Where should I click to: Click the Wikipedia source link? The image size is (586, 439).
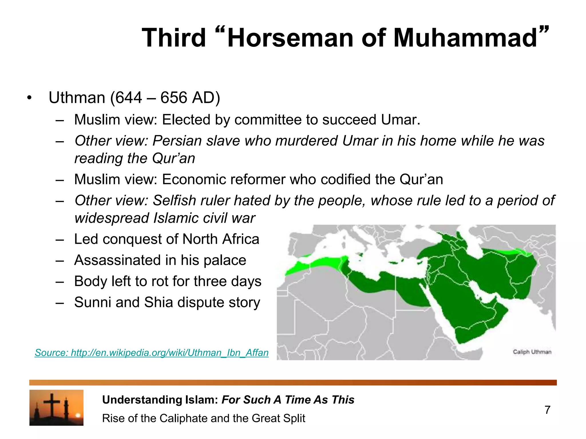152,353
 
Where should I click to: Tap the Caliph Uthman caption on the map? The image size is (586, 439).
532,352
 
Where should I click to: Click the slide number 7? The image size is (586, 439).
547,410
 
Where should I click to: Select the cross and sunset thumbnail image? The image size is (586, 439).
56,408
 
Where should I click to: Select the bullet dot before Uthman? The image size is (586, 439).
29,98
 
